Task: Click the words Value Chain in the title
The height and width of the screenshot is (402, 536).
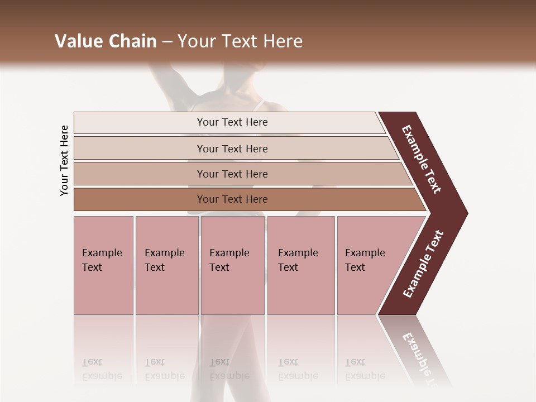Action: tap(106, 41)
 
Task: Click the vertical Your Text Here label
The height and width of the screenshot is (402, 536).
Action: tap(64, 160)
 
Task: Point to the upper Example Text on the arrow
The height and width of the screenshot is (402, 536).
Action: tap(422, 159)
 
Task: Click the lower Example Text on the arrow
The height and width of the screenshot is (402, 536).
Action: tap(423, 264)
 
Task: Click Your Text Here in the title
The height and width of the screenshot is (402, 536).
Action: tap(240, 41)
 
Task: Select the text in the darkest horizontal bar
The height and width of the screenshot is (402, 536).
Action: tap(232, 199)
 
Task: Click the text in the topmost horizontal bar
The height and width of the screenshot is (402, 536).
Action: tap(232, 122)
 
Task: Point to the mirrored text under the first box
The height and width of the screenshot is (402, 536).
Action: tap(102, 369)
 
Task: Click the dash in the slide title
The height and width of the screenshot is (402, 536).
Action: tap(167, 41)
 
